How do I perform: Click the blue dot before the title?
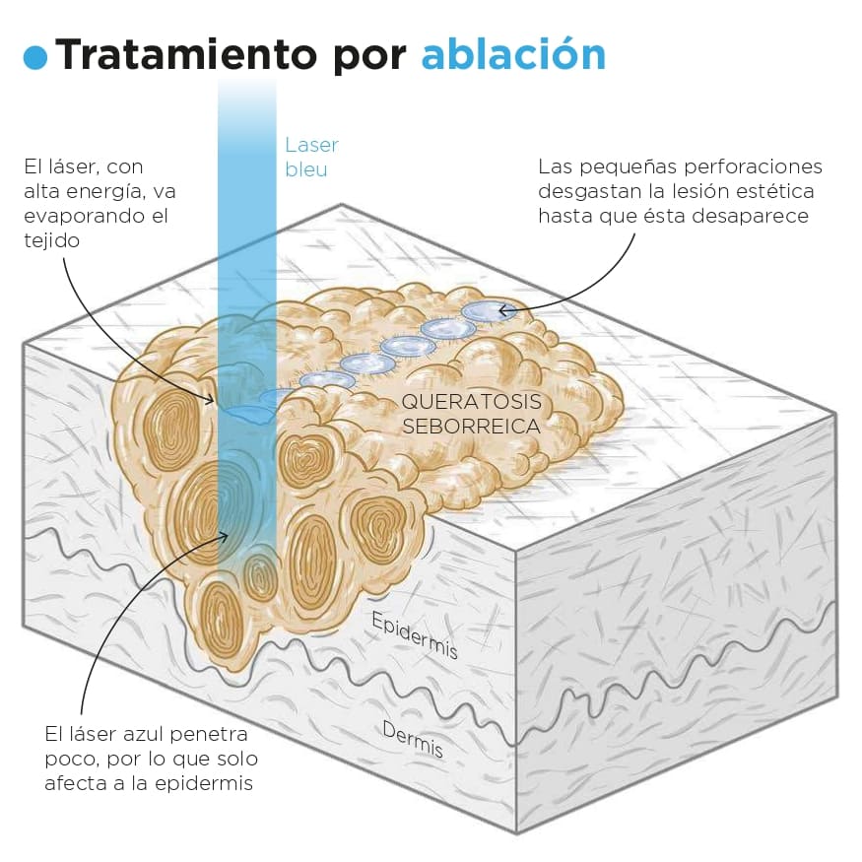(35, 57)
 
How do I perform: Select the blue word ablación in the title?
(512, 55)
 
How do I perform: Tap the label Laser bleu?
(310, 157)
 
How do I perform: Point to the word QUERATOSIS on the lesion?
(471, 402)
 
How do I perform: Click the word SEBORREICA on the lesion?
(471, 427)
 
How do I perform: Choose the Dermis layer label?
(412, 740)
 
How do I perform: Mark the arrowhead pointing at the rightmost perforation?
(503, 310)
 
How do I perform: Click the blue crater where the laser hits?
(247, 414)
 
